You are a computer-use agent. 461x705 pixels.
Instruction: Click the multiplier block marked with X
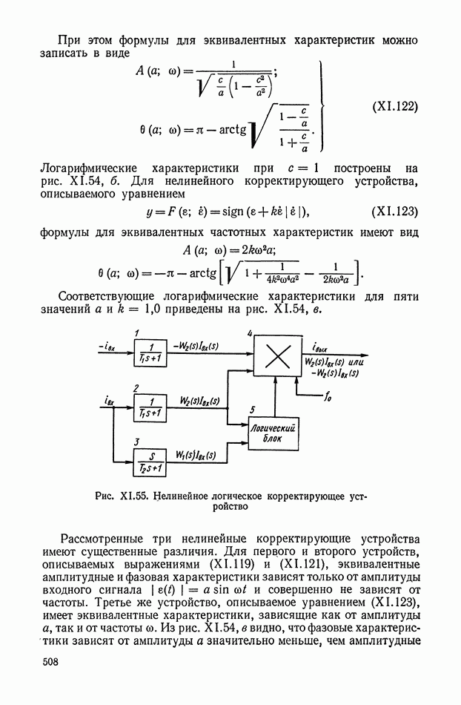coord(277,356)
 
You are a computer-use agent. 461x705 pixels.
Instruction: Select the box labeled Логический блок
coord(274,433)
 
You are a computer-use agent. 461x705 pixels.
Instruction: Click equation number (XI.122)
coord(395,105)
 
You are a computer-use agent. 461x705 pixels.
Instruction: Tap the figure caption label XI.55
coord(131,496)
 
